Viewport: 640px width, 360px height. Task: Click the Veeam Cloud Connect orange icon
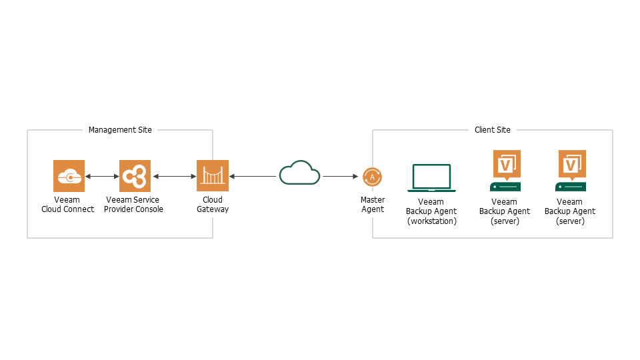click(69, 176)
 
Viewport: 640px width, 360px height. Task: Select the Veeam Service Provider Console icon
click(135, 176)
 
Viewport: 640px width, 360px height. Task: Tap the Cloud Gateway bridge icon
click(213, 176)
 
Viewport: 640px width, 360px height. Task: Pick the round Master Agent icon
click(372, 177)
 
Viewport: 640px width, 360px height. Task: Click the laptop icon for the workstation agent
click(431, 178)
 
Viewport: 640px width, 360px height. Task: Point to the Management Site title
click(120, 130)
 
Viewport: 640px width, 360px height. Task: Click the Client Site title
click(493, 130)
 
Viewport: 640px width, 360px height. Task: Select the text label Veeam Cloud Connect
click(67, 205)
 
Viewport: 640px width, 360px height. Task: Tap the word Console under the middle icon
click(149, 209)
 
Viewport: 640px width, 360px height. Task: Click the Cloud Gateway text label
click(213, 205)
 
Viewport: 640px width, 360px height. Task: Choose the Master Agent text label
click(372, 205)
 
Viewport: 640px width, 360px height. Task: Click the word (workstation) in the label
click(431, 221)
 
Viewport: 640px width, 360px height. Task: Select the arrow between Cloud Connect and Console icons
click(102, 177)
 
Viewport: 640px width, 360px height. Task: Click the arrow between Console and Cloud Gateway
click(174, 177)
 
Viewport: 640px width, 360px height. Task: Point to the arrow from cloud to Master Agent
click(341, 177)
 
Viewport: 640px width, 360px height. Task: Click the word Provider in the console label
click(120, 209)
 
